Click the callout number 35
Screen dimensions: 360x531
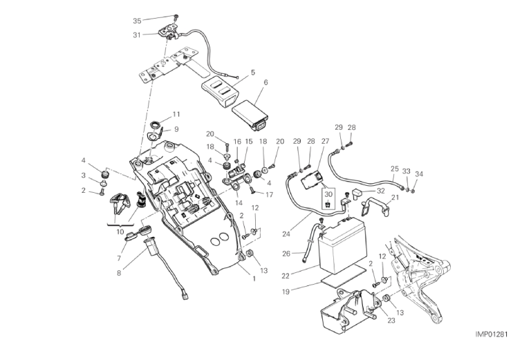point(136,21)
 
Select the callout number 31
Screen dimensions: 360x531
point(136,35)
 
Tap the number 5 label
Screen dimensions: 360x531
point(253,72)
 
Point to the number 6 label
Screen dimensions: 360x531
point(265,83)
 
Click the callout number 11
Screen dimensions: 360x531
point(176,114)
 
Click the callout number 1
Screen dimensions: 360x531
point(254,279)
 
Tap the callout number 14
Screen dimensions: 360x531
point(238,205)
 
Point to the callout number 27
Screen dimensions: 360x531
point(324,141)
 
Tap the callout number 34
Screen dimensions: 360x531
point(420,173)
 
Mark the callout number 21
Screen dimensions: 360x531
point(395,198)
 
